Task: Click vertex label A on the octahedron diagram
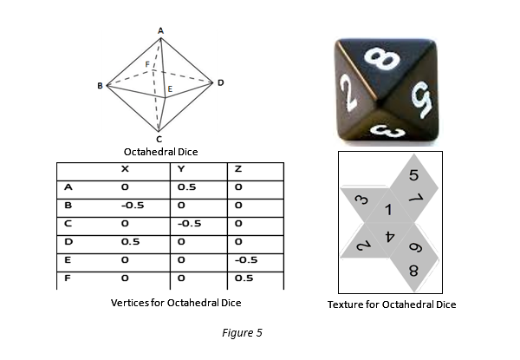tap(161, 31)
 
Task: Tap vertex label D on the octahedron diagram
tap(221, 82)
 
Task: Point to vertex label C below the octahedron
tap(159, 139)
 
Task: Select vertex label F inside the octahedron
tap(147, 64)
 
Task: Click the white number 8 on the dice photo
tap(381, 59)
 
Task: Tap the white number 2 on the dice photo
tap(348, 92)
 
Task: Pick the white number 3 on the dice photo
tap(388, 131)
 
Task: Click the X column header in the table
tap(125, 169)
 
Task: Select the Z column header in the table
tap(238, 169)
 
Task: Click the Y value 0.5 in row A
tap(186, 187)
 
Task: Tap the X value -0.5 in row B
tap(133, 206)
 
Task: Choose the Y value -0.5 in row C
tap(189, 224)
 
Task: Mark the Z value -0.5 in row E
tap(246, 259)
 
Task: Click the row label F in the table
tap(68, 278)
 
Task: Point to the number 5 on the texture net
tap(413, 175)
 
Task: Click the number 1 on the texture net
tap(388, 210)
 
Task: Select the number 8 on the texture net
tap(413, 271)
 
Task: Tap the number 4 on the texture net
tap(390, 237)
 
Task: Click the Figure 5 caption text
tap(242, 333)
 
